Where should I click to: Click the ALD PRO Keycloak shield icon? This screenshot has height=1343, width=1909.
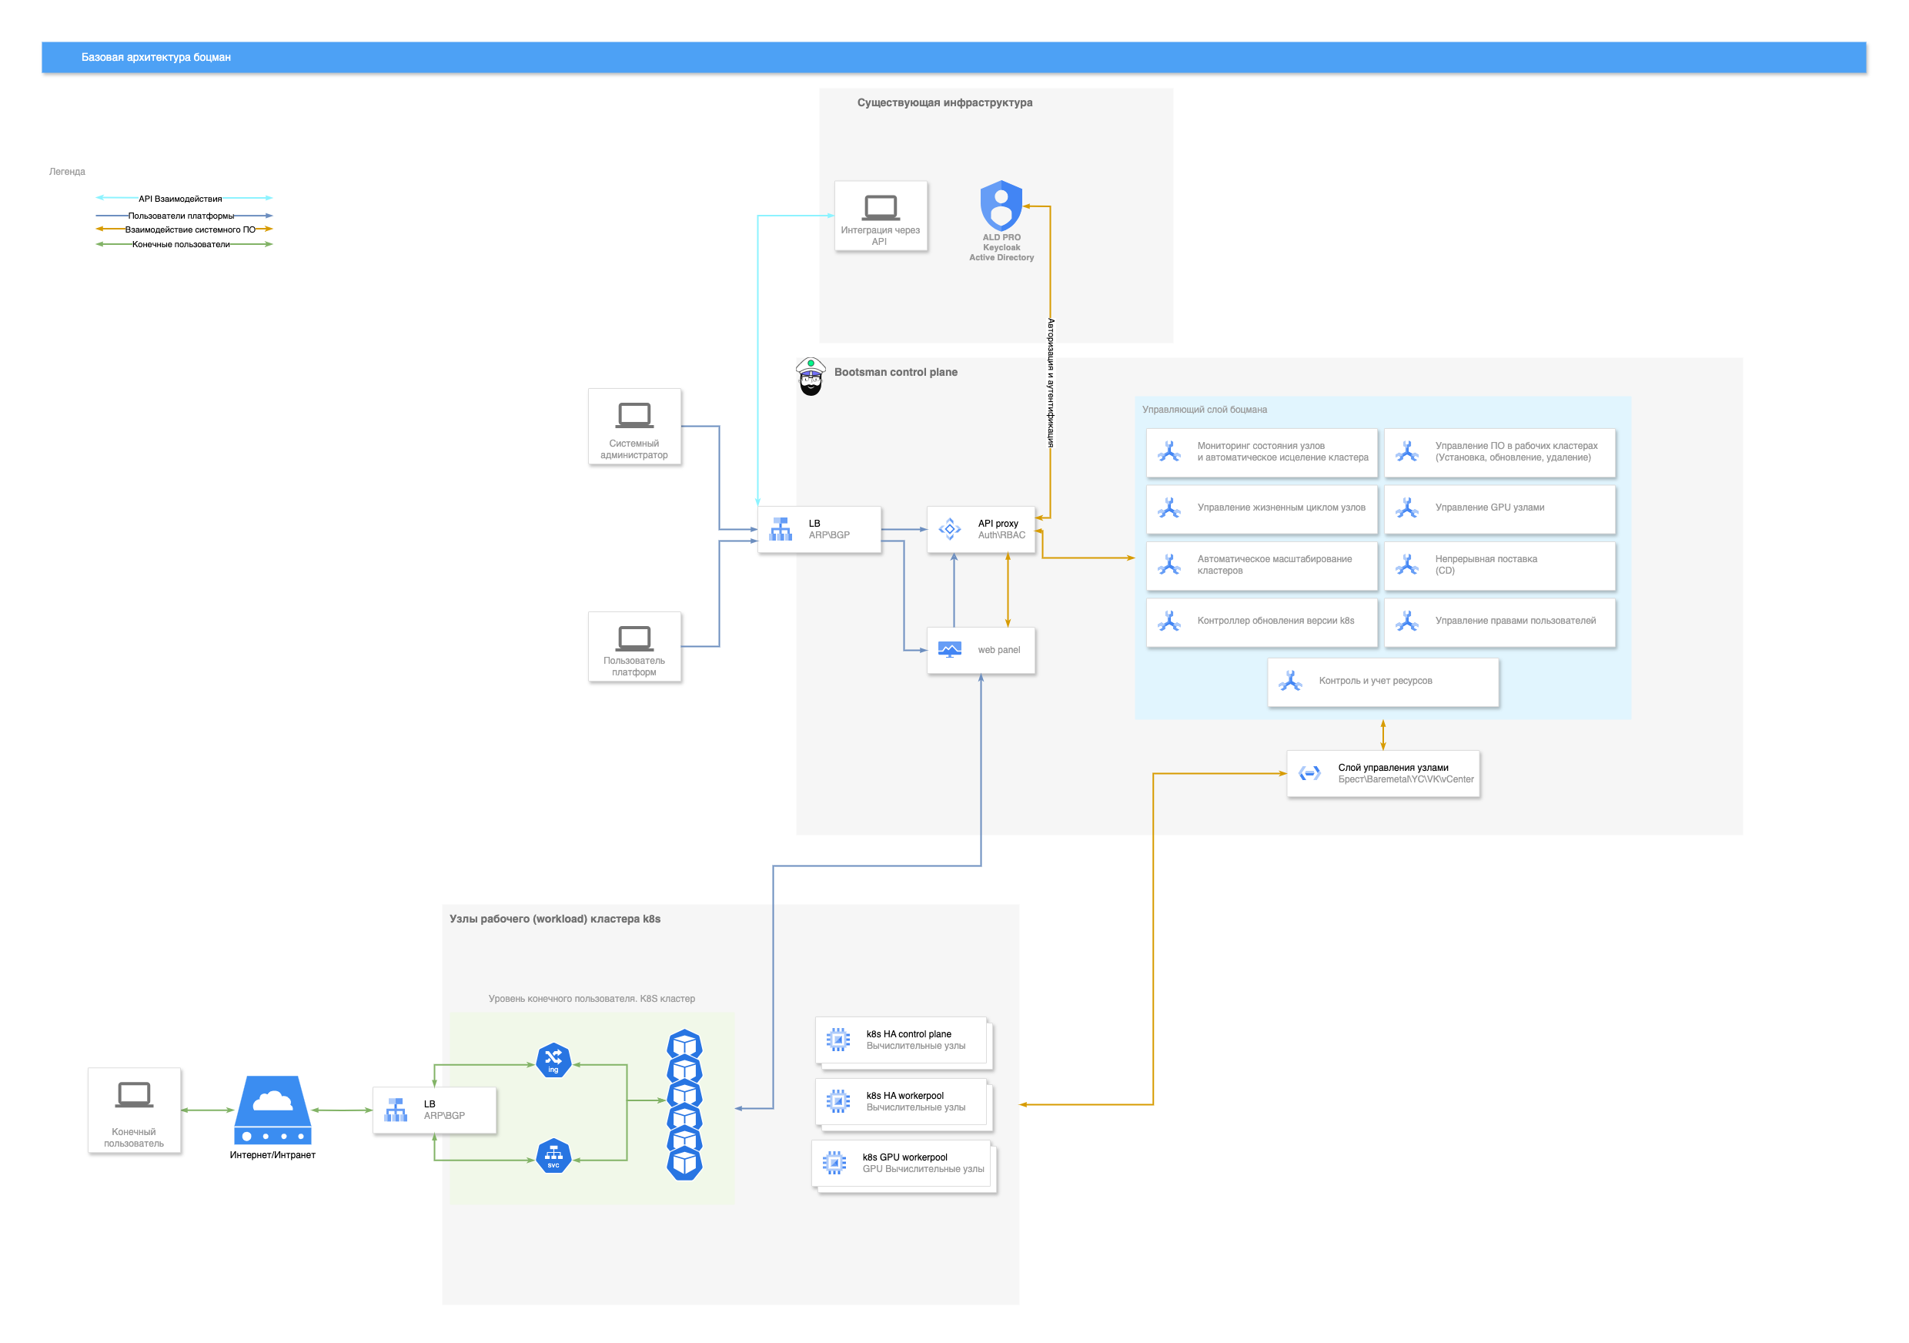(x=1001, y=206)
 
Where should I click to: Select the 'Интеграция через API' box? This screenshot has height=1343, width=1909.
(x=881, y=216)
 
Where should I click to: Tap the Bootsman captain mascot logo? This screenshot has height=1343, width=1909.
(x=810, y=377)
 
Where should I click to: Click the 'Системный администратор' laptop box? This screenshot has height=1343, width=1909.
(x=634, y=427)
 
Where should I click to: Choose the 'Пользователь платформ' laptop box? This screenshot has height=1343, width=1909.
(x=634, y=647)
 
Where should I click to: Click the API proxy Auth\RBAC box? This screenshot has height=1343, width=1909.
(x=981, y=530)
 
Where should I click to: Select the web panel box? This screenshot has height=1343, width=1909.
(x=981, y=650)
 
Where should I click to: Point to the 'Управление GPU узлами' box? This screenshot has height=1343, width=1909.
(x=1499, y=508)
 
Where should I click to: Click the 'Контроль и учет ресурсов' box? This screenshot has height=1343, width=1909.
(x=1382, y=682)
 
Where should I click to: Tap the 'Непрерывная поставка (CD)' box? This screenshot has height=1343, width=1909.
(x=1499, y=565)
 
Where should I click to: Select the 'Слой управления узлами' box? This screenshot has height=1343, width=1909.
(x=1382, y=774)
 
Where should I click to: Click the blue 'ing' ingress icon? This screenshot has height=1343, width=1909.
(x=553, y=1060)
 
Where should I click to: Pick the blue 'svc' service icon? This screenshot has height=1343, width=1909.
(x=553, y=1156)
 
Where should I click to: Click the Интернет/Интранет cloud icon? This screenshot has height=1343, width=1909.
(x=272, y=1110)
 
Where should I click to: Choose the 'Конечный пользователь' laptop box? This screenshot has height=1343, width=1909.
(x=135, y=1110)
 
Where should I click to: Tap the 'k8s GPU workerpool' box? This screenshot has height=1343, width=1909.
(x=904, y=1164)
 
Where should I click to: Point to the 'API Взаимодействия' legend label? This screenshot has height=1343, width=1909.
(x=180, y=199)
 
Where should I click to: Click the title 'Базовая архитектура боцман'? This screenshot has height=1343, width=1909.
(x=156, y=58)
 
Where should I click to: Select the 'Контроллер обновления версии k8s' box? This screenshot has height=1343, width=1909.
(x=1262, y=621)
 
